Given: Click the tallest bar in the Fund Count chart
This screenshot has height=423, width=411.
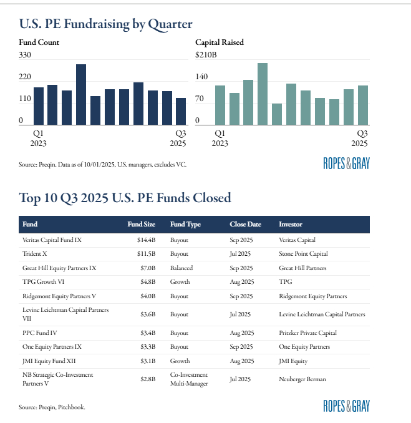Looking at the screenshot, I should click(81, 94).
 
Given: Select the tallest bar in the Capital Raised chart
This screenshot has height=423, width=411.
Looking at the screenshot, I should click(263, 94).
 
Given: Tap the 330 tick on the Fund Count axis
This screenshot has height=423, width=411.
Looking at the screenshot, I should click(25, 55).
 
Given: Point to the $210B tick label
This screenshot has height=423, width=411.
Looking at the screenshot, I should click(206, 55).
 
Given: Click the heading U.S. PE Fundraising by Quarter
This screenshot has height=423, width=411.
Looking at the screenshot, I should click(105, 24).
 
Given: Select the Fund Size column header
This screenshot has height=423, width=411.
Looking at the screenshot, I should click(140, 224).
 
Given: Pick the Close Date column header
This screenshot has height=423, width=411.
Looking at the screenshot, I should click(245, 224).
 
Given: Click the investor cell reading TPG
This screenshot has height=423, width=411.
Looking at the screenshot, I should click(286, 282).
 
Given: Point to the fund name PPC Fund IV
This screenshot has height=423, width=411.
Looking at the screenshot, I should click(41, 333).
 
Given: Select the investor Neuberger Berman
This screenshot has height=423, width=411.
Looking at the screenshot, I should click(306, 378).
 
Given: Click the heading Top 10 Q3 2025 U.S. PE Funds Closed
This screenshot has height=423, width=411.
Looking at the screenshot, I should click(125, 198).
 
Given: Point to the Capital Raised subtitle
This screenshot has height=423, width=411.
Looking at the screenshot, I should click(219, 42).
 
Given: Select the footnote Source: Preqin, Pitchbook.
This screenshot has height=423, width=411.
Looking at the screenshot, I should click(52, 407).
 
